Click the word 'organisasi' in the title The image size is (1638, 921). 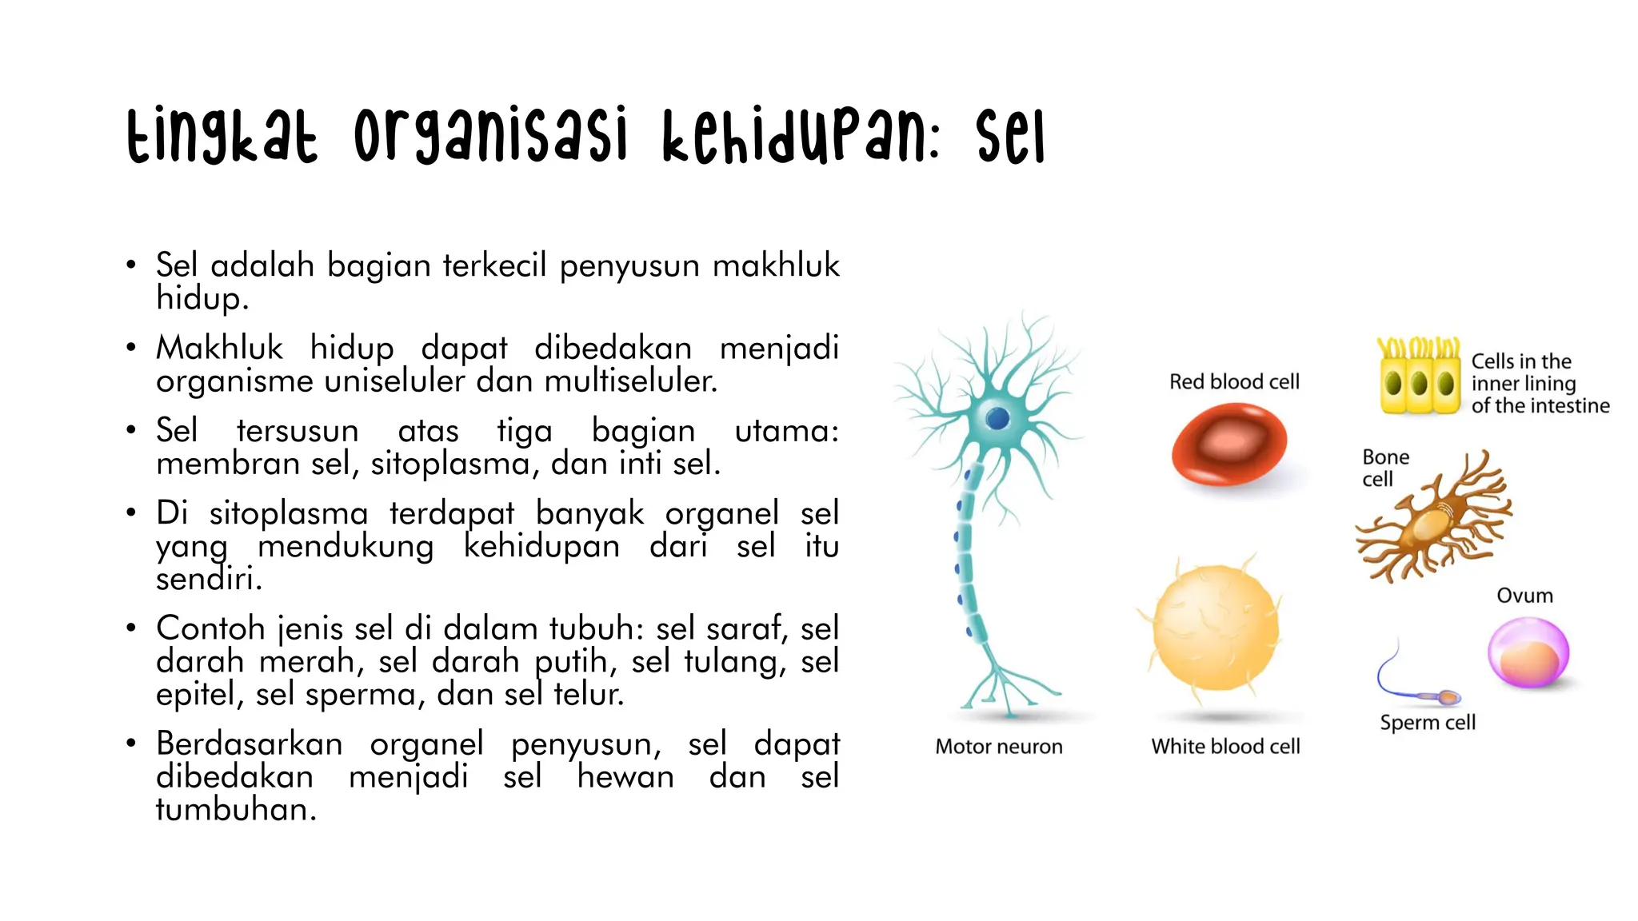490,136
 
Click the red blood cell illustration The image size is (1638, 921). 1228,445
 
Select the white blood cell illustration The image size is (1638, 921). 1216,627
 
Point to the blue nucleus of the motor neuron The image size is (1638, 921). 997,418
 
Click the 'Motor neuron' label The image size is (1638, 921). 999,747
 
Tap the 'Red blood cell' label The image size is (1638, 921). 1234,382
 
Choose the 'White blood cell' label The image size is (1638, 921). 1225,747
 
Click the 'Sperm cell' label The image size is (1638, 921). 1428,723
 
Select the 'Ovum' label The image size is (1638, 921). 1524,596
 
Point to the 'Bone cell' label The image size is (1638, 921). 1385,468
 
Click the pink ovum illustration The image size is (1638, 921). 1528,653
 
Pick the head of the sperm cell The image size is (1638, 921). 1448,698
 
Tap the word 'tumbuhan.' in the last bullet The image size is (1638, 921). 236,810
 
